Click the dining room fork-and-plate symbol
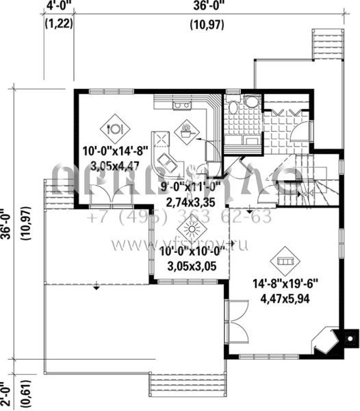115,127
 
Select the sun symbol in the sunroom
188,232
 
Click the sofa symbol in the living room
285,262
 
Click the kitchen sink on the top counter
183,105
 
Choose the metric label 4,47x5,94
286,299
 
